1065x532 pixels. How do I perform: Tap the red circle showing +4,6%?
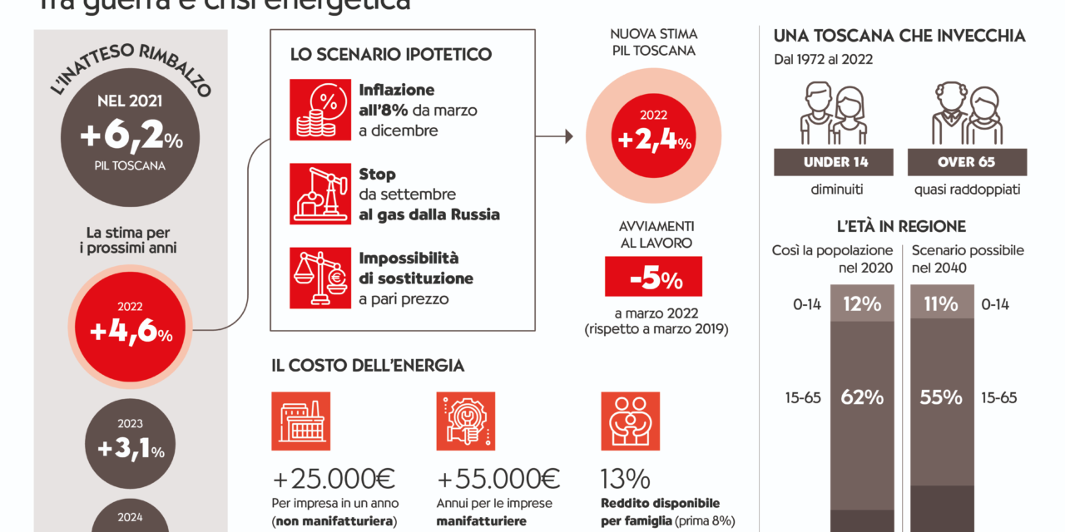[131, 332]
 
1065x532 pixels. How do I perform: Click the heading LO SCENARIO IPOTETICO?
[391, 55]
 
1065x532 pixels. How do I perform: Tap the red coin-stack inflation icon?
[320, 110]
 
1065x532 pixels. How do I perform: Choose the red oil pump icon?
[320, 194]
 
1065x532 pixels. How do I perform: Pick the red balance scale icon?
[320, 278]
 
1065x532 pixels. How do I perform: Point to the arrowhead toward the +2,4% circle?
[569, 136]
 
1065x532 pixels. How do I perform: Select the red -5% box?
[653, 278]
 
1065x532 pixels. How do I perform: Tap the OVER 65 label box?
[966, 162]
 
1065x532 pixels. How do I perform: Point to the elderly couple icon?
[966, 114]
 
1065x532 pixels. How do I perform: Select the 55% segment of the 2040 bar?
[942, 397]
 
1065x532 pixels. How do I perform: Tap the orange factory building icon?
[300, 421]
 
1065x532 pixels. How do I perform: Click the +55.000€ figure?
[498, 479]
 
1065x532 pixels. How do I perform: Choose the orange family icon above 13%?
[630, 421]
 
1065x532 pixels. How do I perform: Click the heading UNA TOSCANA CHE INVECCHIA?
[899, 37]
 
